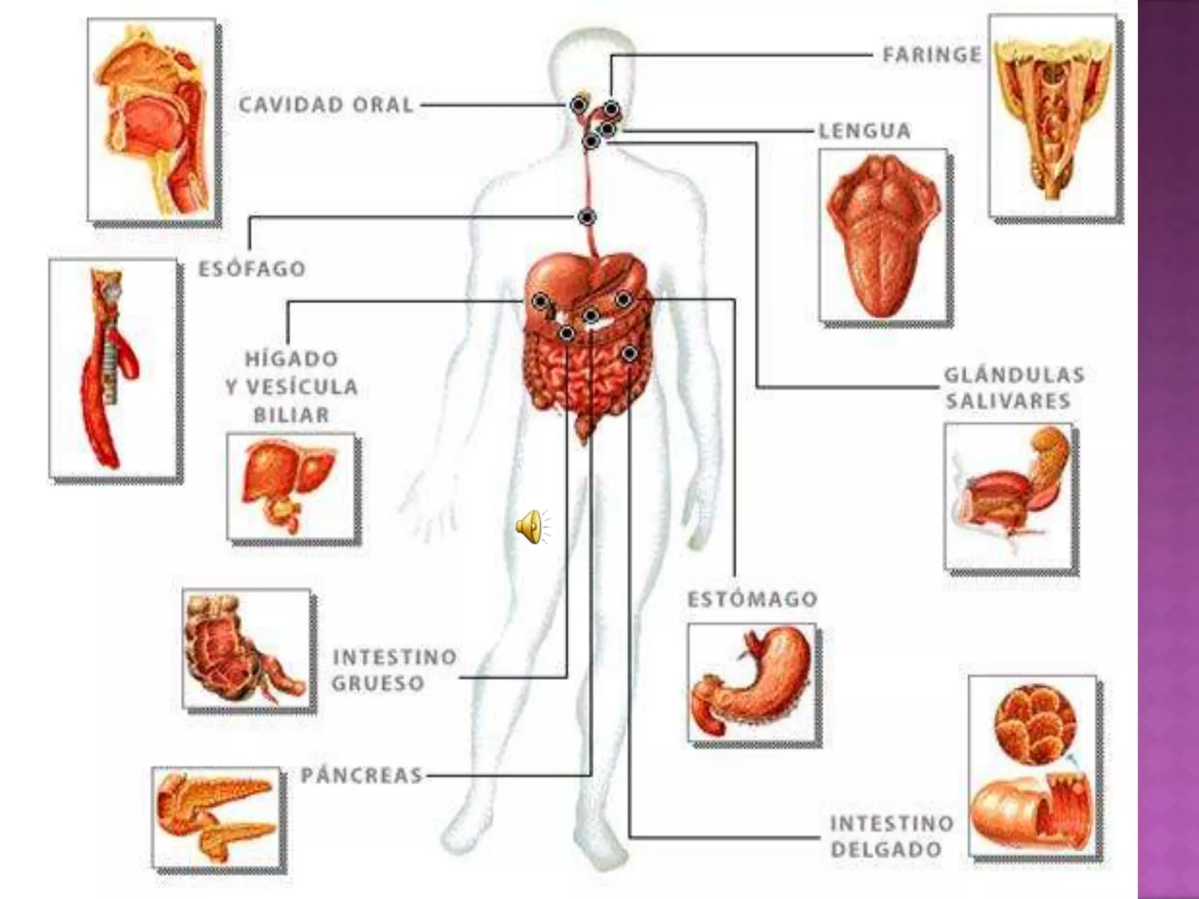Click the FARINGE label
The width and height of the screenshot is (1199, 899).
931,55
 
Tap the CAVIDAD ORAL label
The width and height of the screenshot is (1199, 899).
326,105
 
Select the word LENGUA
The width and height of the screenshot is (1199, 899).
864,131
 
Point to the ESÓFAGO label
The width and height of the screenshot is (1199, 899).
252,269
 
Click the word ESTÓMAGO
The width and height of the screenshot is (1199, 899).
752,599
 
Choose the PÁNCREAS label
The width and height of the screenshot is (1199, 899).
361,776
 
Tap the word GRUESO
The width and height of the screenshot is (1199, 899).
378,683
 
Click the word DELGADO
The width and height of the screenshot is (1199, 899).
886,849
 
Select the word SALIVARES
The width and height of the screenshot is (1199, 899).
1008,402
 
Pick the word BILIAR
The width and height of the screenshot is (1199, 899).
291,415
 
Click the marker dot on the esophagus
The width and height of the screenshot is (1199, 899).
587,217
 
